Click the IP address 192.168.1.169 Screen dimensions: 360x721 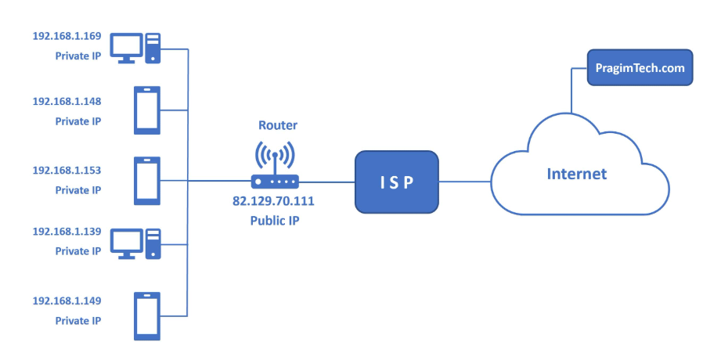tap(67, 37)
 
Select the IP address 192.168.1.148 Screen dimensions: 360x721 tap(67, 102)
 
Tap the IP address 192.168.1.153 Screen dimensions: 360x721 tap(67, 170)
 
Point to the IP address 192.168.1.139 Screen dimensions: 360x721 tap(67, 232)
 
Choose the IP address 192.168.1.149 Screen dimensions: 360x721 tap(67, 301)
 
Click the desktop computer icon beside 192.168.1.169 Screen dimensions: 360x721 tap(135, 48)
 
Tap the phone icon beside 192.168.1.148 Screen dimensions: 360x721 tap(147, 110)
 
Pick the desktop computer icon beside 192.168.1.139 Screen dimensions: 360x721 tap(135, 243)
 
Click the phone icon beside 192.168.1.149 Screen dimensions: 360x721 tap(147, 316)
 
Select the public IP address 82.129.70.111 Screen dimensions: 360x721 tap(273, 200)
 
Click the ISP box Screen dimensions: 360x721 tap(396, 182)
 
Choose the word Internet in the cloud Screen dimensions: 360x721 tap(576, 174)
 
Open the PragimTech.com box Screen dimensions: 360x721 tap(640, 68)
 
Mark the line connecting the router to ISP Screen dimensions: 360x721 tap(326, 182)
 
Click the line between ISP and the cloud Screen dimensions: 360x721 tap(464, 182)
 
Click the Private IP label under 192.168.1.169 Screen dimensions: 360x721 tap(78, 56)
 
